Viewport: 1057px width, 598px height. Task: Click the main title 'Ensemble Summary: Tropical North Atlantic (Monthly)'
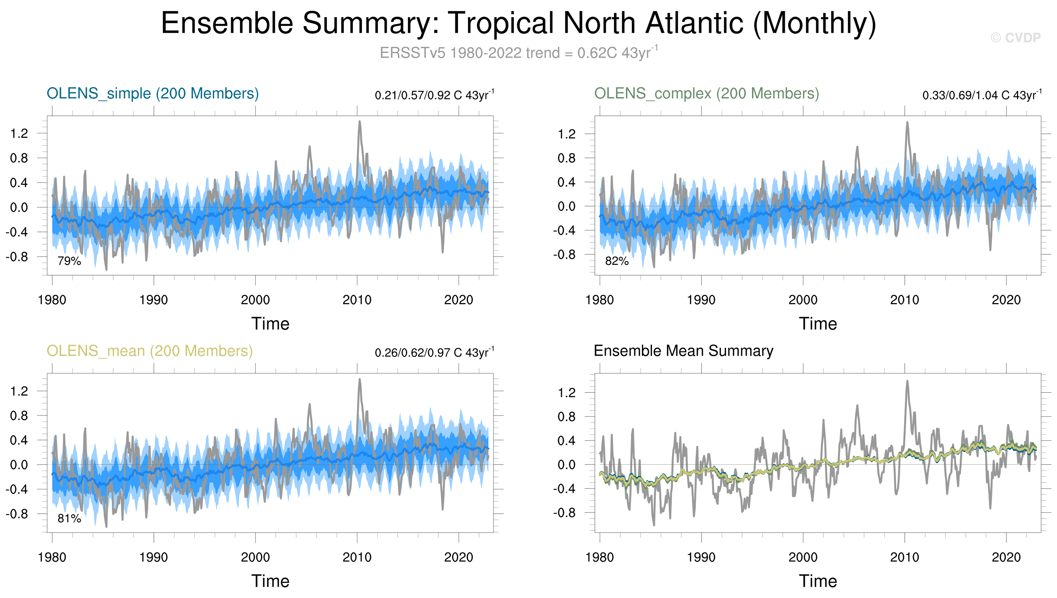click(x=518, y=23)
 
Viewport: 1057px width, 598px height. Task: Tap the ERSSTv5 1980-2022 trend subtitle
click(x=518, y=53)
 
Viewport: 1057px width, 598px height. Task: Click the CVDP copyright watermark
click(x=1015, y=38)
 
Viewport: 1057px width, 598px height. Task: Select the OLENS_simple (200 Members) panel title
click(x=153, y=94)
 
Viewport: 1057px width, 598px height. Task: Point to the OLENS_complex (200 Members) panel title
click(x=707, y=94)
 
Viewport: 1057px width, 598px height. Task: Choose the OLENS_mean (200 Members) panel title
click(x=150, y=351)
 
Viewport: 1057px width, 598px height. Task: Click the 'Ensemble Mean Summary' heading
click(x=683, y=351)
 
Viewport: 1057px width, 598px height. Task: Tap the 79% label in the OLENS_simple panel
click(x=69, y=261)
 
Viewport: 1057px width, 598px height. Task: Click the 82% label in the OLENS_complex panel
click(x=617, y=261)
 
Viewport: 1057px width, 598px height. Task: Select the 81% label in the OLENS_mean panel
click(x=69, y=519)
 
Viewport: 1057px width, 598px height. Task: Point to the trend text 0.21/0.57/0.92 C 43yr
click(x=434, y=95)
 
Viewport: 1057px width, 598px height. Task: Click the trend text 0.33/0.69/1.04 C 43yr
click(x=982, y=95)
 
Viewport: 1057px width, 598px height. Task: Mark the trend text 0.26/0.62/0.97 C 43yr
click(x=434, y=353)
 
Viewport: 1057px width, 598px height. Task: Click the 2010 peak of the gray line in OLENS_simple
click(x=360, y=122)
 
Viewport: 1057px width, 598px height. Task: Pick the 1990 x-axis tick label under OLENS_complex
click(x=701, y=300)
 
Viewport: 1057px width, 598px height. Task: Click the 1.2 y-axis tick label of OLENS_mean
click(x=19, y=391)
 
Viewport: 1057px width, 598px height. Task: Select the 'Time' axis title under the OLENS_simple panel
click(x=270, y=324)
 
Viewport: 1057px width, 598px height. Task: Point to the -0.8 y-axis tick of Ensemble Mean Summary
click(x=564, y=513)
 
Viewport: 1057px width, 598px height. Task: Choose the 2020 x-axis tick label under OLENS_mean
click(x=459, y=558)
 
